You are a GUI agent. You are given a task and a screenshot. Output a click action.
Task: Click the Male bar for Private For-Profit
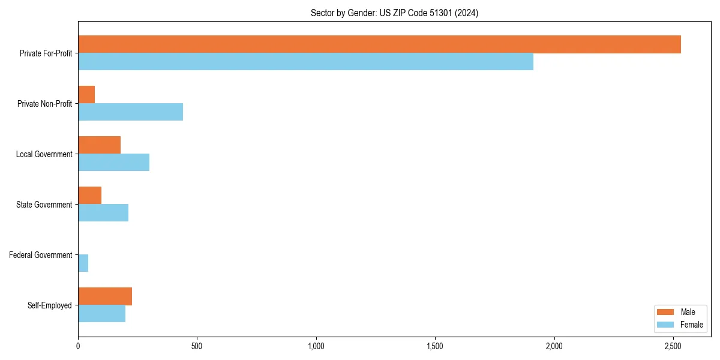click(x=379, y=44)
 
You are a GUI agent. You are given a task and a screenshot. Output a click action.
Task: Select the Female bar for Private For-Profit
click(x=305, y=62)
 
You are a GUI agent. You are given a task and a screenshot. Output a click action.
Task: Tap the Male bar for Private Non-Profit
click(x=86, y=95)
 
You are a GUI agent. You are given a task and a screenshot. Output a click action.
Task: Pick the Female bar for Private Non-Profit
click(x=130, y=112)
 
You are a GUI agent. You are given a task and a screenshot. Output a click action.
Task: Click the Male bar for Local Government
click(x=99, y=145)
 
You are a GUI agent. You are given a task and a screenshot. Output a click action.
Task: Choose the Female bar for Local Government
click(x=113, y=163)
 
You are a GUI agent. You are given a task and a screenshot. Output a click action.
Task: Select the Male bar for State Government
click(x=89, y=196)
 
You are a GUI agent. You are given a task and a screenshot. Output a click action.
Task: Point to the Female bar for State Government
click(x=103, y=213)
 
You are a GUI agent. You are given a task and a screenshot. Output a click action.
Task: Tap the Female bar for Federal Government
click(x=83, y=263)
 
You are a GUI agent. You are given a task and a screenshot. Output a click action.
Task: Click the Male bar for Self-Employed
click(x=105, y=296)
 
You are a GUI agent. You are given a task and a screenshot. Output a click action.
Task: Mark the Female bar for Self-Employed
click(x=101, y=314)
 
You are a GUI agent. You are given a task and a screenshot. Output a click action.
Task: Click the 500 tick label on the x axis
click(x=197, y=346)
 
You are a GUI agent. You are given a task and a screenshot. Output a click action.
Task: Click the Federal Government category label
click(x=40, y=255)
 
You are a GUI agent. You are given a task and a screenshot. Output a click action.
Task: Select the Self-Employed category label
click(x=49, y=305)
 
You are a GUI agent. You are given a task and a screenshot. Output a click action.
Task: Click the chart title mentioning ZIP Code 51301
click(x=394, y=13)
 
